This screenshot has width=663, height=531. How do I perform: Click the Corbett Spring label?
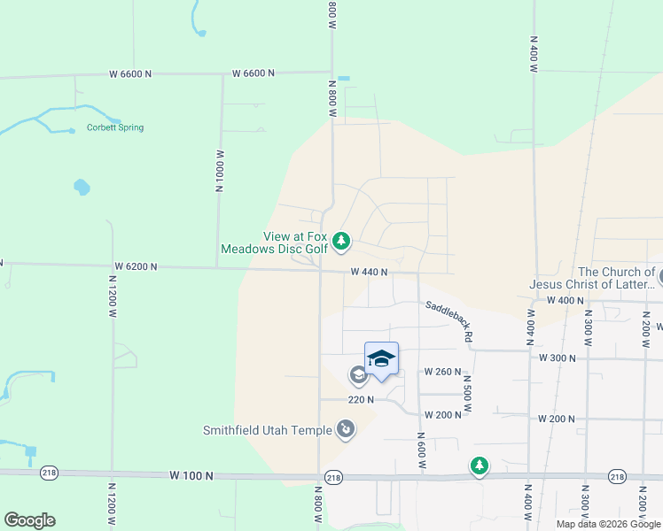click(115, 127)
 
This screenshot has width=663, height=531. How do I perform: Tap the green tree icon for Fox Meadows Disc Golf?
click(341, 241)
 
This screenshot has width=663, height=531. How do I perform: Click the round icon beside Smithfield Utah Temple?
click(345, 431)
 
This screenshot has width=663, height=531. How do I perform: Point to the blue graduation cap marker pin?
click(381, 359)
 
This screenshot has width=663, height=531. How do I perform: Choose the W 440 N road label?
click(369, 272)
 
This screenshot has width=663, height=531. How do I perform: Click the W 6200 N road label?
click(136, 266)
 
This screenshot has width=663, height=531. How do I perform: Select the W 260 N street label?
click(442, 371)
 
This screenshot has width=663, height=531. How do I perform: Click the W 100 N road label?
click(192, 475)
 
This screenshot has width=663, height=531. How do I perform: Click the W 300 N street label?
click(558, 358)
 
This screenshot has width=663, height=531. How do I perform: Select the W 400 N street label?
click(565, 301)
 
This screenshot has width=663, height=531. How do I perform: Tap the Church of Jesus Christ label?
click(591, 278)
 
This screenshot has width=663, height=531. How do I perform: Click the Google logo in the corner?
click(29, 520)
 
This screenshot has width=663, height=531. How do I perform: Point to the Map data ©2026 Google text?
click(608, 524)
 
